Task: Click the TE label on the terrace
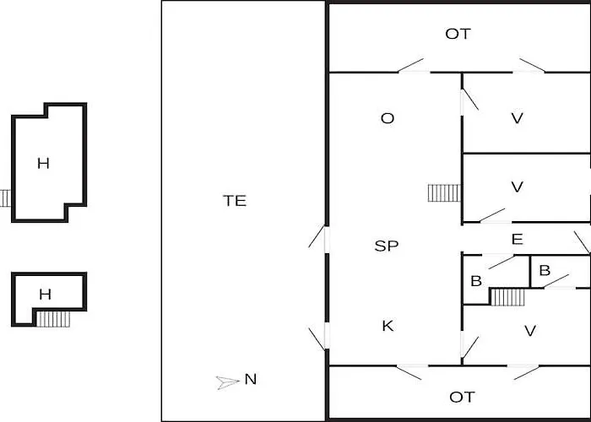pyautogui.click(x=235, y=201)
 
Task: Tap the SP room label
pyautogui.click(x=387, y=246)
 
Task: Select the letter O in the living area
pyautogui.click(x=388, y=118)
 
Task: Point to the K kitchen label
pyautogui.click(x=388, y=326)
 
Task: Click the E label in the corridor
pyautogui.click(x=517, y=239)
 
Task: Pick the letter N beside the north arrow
pyautogui.click(x=251, y=379)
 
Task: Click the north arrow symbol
pyautogui.click(x=227, y=382)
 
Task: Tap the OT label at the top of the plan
pyautogui.click(x=458, y=34)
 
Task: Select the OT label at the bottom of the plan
pyautogui.click(x=462, y=397)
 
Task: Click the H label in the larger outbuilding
pyautogui.click(x=43, y=163)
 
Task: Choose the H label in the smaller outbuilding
pyautogui.click(x=46, y=294)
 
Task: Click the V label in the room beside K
pyautogui.click(x=530, y=331)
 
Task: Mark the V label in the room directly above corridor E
pyautogui.click(x=517, y=187)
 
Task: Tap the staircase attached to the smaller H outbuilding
pyautogui.click(x=53, y=319)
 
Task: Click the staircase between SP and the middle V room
pyautogui.click(x=444, y=193)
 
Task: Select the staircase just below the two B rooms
pyautogui.click(x=507, y=297)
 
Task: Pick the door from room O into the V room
pyautogui.click(x=469, y=100)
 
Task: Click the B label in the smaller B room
pyautogui.click(x=545, y=270)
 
